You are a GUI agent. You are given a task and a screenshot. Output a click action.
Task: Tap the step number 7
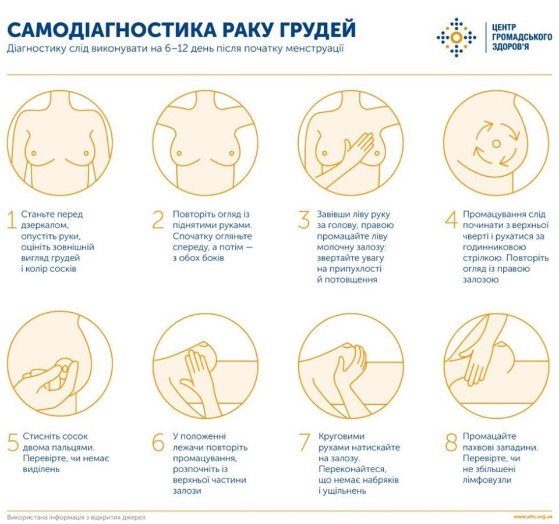coord(304,442)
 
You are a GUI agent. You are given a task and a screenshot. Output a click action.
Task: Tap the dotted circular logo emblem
coord(456,36)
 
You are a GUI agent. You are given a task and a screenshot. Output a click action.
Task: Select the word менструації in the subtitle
coord(316,49)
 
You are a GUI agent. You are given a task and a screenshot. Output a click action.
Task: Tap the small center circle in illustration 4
coord(496,142)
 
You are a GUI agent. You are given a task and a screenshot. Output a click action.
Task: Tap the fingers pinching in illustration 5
coord(58,372)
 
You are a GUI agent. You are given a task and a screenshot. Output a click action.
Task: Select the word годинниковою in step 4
coord(490,247)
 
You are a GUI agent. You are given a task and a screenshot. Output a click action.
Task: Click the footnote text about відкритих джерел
coord(76,516)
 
